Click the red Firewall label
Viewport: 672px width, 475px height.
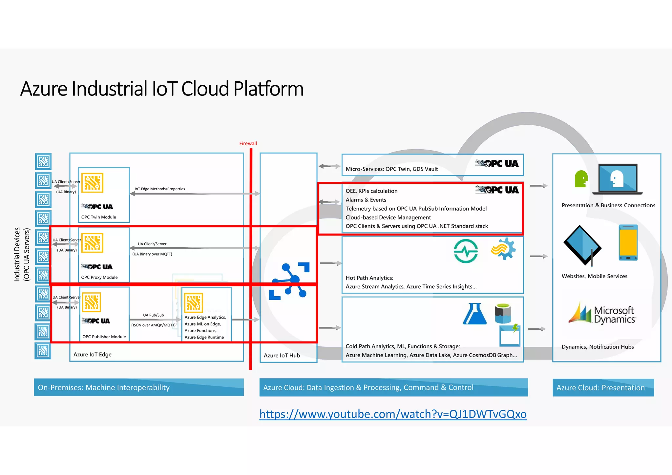248,143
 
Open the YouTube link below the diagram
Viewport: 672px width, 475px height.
393,414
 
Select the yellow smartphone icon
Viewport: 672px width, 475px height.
628,242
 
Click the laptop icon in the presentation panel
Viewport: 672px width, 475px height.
617,179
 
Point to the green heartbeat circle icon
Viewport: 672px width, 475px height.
466,251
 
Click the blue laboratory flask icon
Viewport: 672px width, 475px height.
475,314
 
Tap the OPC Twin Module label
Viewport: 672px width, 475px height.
98,217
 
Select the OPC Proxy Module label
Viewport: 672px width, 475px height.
99,277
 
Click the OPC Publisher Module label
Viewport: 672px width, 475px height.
104,337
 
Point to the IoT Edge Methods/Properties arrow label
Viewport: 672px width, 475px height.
160,189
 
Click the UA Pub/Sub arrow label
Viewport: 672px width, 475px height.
153,315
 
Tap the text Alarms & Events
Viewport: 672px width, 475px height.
366,200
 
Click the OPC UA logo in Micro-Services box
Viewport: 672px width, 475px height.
497,163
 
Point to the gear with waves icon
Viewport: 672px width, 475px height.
503,249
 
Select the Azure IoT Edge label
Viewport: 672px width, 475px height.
92,355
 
